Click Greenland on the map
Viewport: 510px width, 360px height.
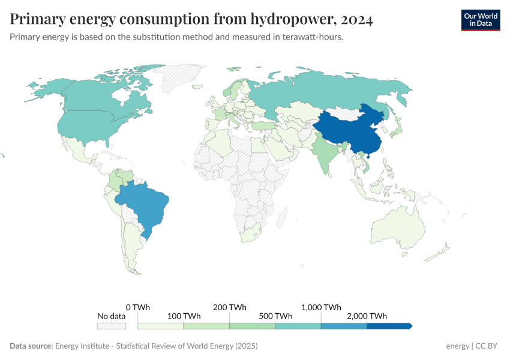pyautogui.click(x=180, y=78)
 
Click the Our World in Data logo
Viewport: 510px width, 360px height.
pyautogui.click(x=481, y=20)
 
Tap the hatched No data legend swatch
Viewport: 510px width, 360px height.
pyautogui.click(x=112, y=326)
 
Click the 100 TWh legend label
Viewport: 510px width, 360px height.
pyautogui.click(x=184, y=316)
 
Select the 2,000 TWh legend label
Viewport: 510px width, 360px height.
pyautogui.click(x=367, y=316)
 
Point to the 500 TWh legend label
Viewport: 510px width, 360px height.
pyautogui.click(x=275, y=316)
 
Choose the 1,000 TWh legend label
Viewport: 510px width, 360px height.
pyautogui.click(x=321, y=307)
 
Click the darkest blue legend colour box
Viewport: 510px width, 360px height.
pyautogui.click(x=388, y=326)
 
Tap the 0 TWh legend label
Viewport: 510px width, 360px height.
pyautogui.click(x=138, y=307)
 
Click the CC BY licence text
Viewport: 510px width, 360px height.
pyautogui.click(x=487, y=346)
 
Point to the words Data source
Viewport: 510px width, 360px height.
pyautogui.click(x=31, y=346)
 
